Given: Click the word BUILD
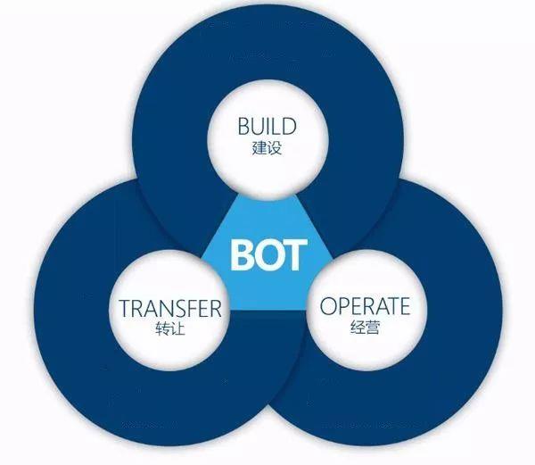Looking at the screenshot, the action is click(x=267, y=126).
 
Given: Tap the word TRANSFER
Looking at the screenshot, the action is click(x=170, y=308).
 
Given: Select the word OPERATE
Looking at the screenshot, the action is click(x=365, y=305).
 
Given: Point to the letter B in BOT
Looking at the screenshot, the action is click(x=242, y=254).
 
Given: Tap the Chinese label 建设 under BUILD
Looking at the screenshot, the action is click(x=267, y=148).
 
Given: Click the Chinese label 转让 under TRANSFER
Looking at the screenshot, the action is click(x=170, y=328).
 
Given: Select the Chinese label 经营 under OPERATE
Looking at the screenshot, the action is click(x=365, y=327).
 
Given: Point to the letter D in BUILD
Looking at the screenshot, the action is click(x=288, y=126).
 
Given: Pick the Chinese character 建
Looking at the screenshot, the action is click(x=259, y=148).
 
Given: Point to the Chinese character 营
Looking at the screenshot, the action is click(x=372, y=327).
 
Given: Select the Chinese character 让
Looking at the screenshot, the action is click(x=177, y=328).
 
